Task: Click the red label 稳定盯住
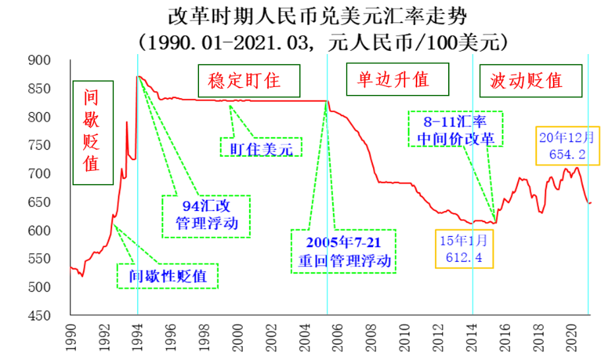pyautogui.click(x=248, y=81)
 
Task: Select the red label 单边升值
pyautogui.click(x=397, y=79)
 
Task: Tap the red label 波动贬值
pyautogui.click(x=530, y=81)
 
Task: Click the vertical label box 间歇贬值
pyautogui.click(x=93, y=132)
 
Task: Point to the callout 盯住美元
pyautogui.click(x=261, y=148)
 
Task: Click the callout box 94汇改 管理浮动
pyautogui.click(x=206, y=216)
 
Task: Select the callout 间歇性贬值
pyautogui.click(x=167, y=276)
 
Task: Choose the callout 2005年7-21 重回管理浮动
pyautogui.click(x=343, y=251)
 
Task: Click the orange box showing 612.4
pyautogui.click(x=464, y=249)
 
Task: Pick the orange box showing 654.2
pyautogui.click(x=567, y=146)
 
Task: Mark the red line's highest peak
pyautogui.click(x=138, y=76)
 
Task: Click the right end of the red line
pyautogui.click(x=591, y=202)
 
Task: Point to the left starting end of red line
pyautogui.click(x=71, y=268)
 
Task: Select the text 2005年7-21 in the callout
pyautogui.click(x=343, y=241)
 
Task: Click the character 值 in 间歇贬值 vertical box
pyautogui.click(x=92, y=164)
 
